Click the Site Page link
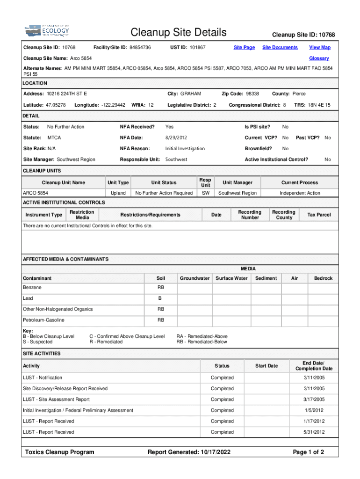[x=244, y=47]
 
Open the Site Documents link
[x=280, y=47]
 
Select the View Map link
[x=320, y=47]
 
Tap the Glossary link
[x=319, y=58]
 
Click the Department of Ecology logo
[x=47, y=31]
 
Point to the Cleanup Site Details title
[x=179, y=32]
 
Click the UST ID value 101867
[x=194, y=47]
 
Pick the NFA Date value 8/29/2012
[x=176, y=138]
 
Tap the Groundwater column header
[x=194, y=278]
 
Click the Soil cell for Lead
[x=160, y=298]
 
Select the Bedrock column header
[x=323, y=278]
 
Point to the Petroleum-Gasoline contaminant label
[x=43, y=320]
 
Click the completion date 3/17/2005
[x=314, y=399]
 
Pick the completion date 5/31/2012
[x=314, y=432]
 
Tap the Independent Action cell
[x=300, y=193]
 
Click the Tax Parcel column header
[x=319, y=215]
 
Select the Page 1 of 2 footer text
[x=308, y=452]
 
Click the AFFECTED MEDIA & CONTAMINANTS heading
[x=66, y=259]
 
